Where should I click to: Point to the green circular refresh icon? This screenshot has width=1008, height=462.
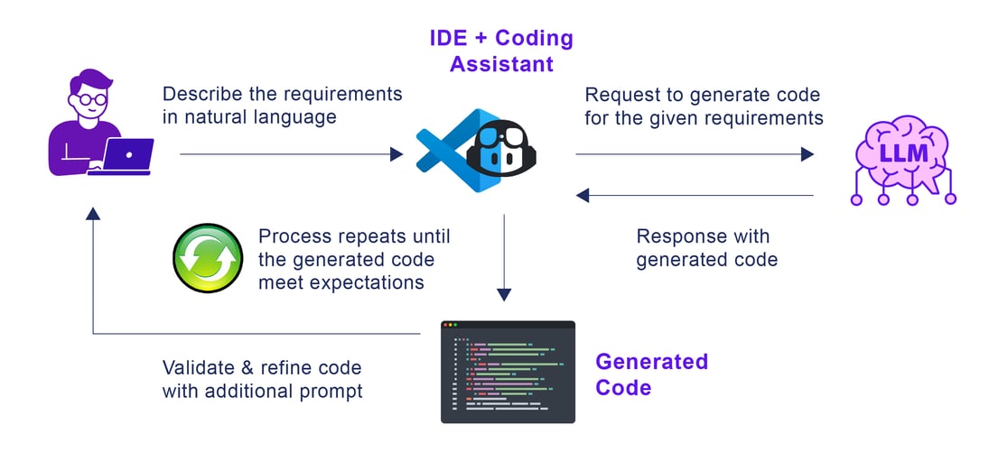tap(208, 259)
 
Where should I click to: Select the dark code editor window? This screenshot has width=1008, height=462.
tap(508, 372)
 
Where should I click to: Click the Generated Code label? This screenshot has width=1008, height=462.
tap(650, 374)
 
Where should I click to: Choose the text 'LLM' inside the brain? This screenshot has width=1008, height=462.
tap(904, 152)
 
